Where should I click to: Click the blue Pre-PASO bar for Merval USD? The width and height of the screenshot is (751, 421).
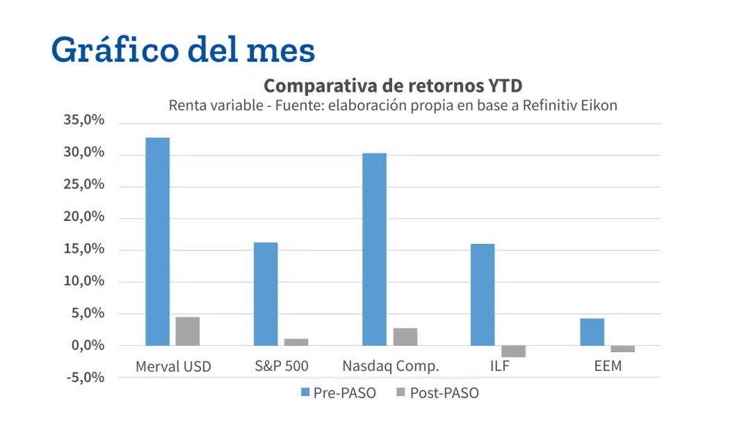157,241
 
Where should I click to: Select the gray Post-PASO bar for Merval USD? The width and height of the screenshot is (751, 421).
187,331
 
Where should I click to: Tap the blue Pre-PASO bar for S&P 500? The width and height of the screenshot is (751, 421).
266,294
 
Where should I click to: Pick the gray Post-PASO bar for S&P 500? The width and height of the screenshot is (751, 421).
296,342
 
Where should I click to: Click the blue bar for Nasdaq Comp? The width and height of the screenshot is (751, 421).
374,249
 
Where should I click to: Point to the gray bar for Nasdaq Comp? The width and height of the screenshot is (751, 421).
405,337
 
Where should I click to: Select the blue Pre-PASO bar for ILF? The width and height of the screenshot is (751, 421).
483,295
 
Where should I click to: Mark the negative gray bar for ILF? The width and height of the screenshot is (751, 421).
513,351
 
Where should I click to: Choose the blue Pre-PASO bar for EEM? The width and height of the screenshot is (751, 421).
592,332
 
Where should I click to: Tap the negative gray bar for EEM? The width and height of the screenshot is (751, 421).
622,349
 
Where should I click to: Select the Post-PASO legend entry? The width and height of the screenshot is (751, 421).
437,393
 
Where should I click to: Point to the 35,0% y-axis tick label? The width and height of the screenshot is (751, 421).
83,120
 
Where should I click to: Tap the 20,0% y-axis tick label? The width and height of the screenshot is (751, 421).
83,217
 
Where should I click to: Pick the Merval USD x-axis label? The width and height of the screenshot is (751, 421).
173,367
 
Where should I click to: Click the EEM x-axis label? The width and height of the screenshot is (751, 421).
607,366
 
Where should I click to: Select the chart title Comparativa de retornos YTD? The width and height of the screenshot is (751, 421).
393,86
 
